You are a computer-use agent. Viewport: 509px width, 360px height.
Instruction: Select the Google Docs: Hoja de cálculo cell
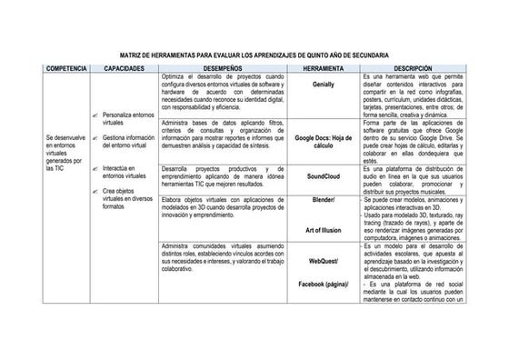[324, 141]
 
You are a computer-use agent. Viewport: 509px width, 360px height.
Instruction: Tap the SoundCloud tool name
[324, 175]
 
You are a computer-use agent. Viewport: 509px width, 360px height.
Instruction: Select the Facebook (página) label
[324, 284]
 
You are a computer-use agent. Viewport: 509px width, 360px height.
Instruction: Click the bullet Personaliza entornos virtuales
[129, 119]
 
